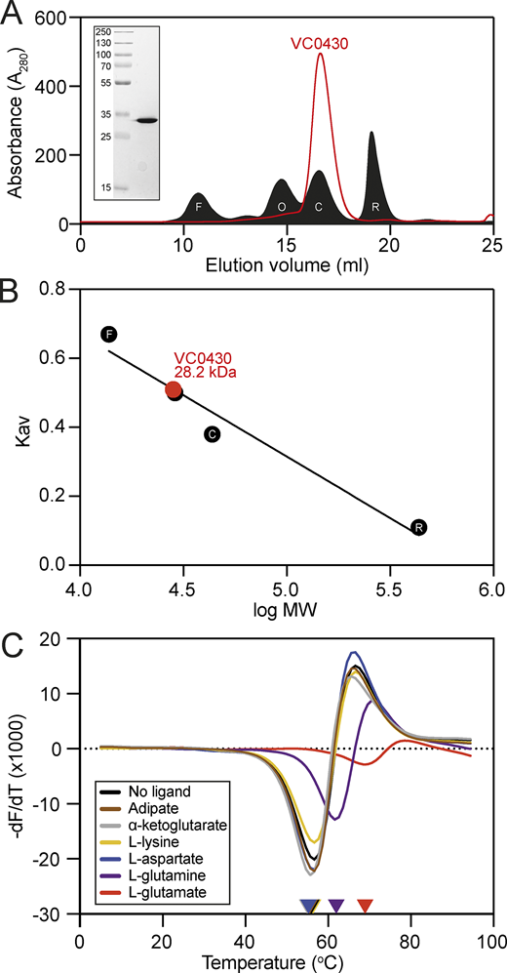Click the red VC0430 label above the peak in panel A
318,44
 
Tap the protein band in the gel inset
147,121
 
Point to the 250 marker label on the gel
103,31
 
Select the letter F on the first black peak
198,207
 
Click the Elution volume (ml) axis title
286,265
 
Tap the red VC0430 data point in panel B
173,390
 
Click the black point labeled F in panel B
109,335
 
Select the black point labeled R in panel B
418,527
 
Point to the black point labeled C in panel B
213,434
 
